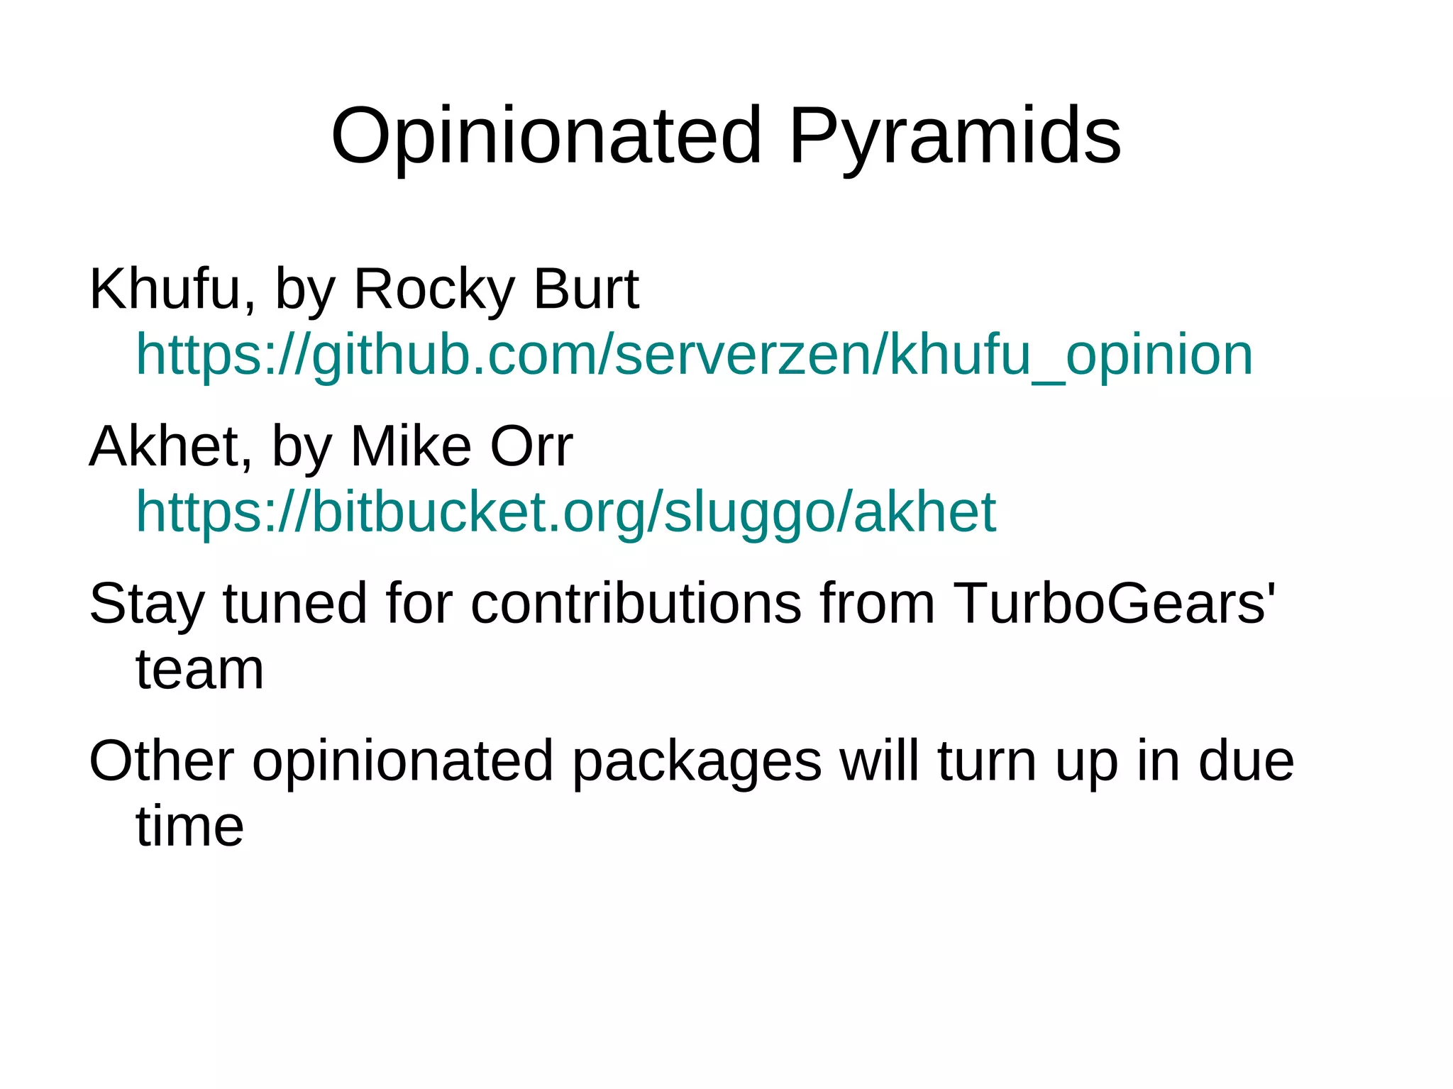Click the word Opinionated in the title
point(546,136)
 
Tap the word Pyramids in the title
point(954,136)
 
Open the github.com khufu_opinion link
point(694,354)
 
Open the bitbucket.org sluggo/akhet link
point(565,512)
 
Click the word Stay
point(147,604)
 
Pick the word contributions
point(636,604)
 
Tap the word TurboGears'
point(1114,604)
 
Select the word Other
point(161,761)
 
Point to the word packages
point(697,761)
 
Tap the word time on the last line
point(189,827)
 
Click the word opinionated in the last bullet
point(402,761)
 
